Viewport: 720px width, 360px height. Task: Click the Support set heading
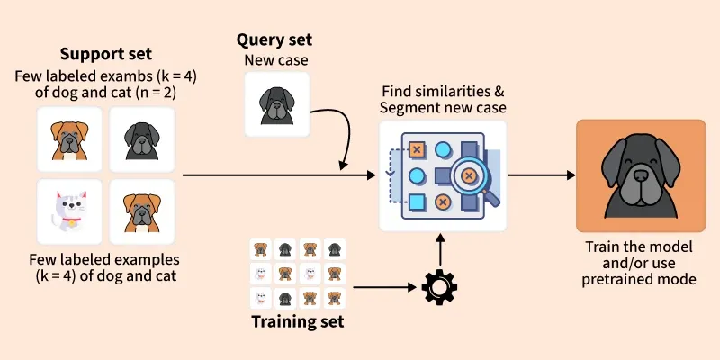(105, 54)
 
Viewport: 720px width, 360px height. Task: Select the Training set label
(298, 321)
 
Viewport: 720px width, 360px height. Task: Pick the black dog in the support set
(141, 139)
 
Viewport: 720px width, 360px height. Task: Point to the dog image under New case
(276, 104)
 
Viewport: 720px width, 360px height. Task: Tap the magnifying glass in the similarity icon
(469, 172)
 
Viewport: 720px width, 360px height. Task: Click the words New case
(276, 60)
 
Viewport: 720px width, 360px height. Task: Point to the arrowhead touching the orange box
(569, 175)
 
